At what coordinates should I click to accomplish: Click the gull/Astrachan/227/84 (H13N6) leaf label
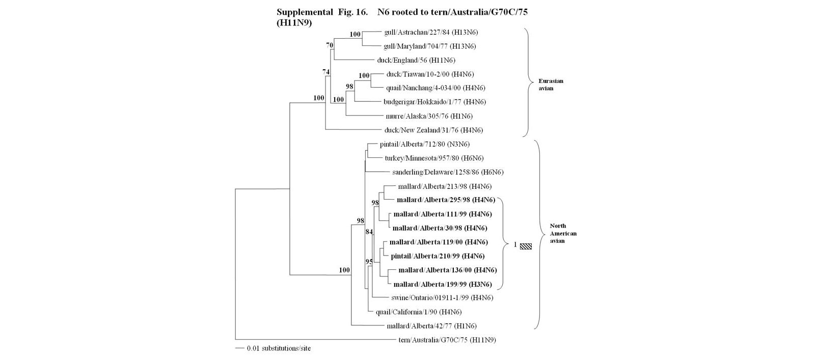(430, 33)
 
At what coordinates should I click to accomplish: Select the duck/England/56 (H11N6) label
(416, 60)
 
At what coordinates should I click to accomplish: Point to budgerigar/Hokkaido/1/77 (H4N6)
(434, 102)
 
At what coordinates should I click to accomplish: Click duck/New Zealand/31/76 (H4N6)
(433, 130)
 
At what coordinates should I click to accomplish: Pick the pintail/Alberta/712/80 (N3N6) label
(424, 145)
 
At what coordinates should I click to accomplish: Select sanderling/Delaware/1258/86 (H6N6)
(448, 172)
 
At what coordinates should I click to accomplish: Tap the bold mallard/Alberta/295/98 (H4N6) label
(446, 200)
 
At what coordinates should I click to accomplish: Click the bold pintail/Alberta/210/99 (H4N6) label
(438, 256)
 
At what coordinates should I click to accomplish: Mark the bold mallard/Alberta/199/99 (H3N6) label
(443, 284)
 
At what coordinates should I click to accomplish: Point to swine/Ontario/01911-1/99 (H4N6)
(442, 298)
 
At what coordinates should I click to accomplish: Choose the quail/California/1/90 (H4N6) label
(418, 312)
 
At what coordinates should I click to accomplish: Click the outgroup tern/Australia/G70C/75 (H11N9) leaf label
(447, 340)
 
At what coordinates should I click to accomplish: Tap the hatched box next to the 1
(526, 246)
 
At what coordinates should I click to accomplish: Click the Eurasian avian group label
(551, 85)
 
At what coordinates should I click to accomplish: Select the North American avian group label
(563, 233)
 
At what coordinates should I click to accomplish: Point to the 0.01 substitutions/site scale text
(279, 349)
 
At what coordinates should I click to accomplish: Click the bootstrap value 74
(326, 72)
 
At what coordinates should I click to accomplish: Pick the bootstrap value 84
(369, 232)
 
